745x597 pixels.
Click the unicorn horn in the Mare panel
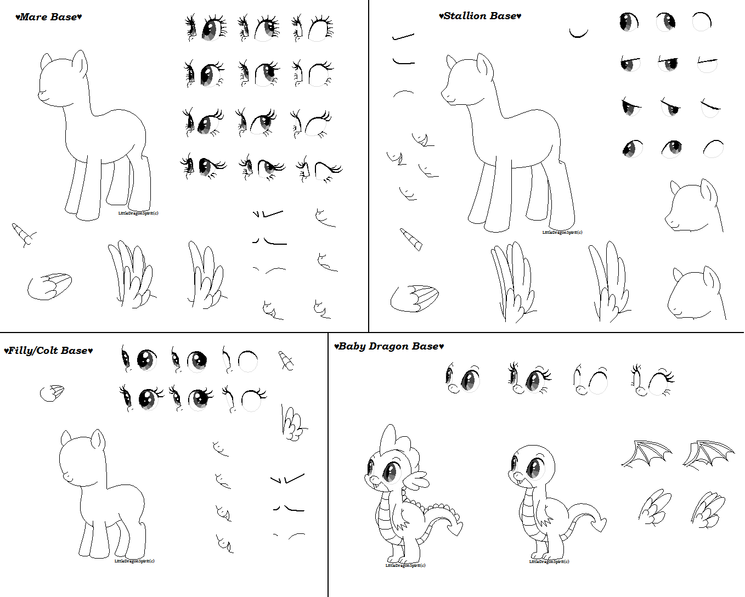click(x=24, y=234)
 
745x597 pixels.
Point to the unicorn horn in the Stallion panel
click(x=411, y=239)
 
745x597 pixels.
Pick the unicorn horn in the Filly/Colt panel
click(x=286, y=360)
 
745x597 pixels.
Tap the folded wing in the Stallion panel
click(x=415, y=297)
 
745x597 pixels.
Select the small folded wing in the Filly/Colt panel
click(x=52, y=392)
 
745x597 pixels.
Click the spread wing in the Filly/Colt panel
click(x=293, y=424)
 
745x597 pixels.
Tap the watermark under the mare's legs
click(x=138, y=213)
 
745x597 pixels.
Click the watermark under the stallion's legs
click(x=562, y=232)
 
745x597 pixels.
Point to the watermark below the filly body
click(x=134, y=561)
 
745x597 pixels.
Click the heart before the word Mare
click(x=17, y=18)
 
